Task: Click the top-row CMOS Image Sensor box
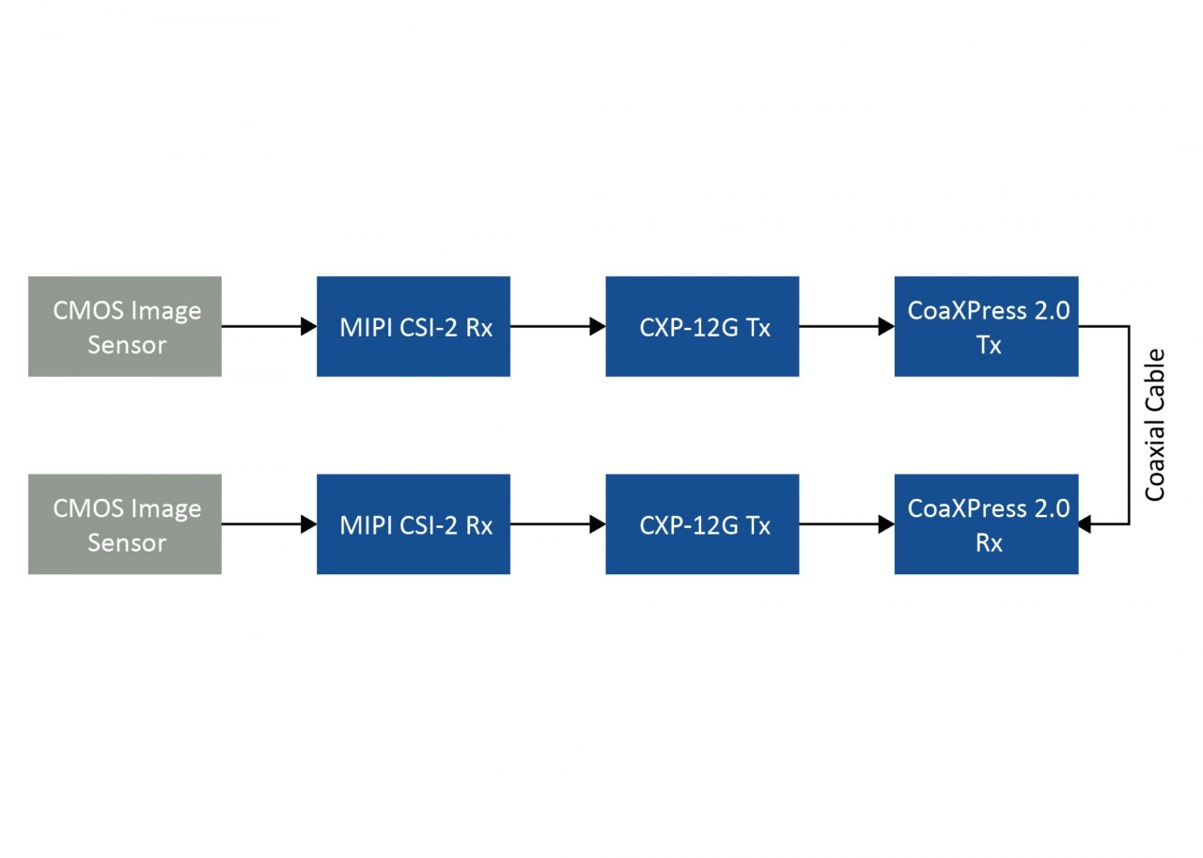click(x=124, y=326)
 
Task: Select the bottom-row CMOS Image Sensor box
click(x=124, y=523)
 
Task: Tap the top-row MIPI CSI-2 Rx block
click(x=413, y=326)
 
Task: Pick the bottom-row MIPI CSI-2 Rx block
click(x=413, y=523)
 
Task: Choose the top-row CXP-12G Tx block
click(x=701, y=326)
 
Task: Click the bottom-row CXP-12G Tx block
click(x=701, y=523)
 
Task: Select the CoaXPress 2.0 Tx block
click(x=986, y=326)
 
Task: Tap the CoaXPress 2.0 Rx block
click(x=986, y=523)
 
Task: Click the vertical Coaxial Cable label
click(x=1155, y=425)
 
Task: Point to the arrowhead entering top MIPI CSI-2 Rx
click(x=308, y=326)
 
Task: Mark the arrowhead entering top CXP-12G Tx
click(x=597, y=326)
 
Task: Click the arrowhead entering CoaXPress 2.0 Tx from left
click(x=885, y=326)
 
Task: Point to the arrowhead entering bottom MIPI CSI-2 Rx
click(x=308, y=524)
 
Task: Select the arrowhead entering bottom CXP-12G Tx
click(x=597, y=524)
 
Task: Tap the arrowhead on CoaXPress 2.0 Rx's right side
click(x=1086, y=524)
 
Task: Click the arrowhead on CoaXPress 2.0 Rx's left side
click(x=885, y=524)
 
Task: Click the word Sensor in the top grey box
click(x=127, y=345)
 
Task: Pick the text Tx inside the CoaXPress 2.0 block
click(x=988, y=345)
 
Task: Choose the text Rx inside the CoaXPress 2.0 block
click(x=988, y=543)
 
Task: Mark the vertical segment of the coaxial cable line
click(x=1129, y=425)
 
